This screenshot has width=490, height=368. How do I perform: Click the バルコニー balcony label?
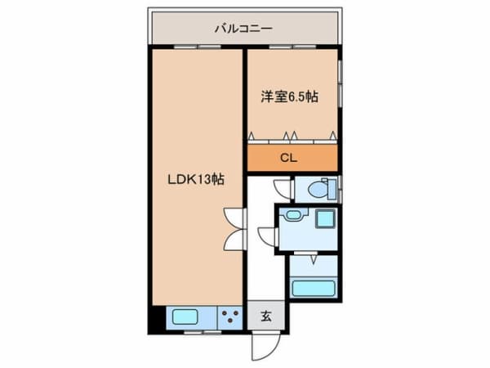(x=243, y=29)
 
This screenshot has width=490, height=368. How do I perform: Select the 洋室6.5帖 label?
(x=289, y=96)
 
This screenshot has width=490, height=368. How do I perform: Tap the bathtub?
(x=314, y=289)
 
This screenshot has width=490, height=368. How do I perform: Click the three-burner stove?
(x=230, y=317)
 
